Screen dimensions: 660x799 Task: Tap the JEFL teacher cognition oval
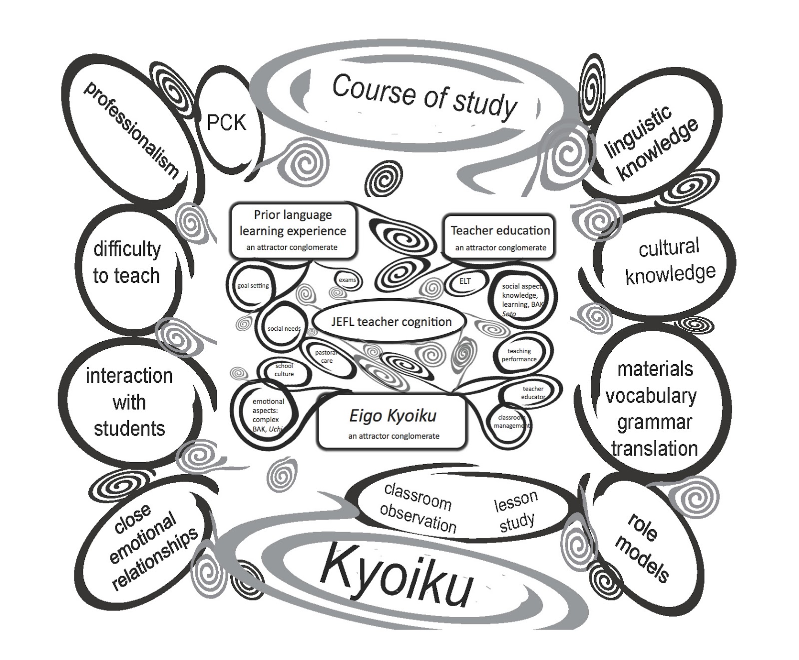pyautogui.click(x=391, y=322)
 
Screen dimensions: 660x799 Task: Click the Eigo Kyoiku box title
pyautogui.click(x=393, y=416)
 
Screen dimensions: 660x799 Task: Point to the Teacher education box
pyautogui.click(x=500, y=237)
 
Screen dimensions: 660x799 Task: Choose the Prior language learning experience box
pyautogui.click(x=293, y=230)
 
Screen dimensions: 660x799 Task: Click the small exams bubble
pyautogui.click(x=347, y=280)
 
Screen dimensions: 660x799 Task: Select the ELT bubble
pyautogui.click(x=465, y=281)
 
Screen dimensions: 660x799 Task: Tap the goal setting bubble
pyautogui.click(x=253, y=286)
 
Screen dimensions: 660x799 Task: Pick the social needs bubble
pyautogui.click(x=284, y=328)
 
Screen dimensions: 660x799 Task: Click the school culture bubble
pyautogui.click(x=284, y=370)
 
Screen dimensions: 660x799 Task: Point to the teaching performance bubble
pyautogui.click(x=519, y=355)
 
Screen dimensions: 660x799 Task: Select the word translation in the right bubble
pyautogui.click(x=654, y=449)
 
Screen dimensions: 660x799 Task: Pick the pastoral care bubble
pyautogui.click(x=326, y=357)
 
